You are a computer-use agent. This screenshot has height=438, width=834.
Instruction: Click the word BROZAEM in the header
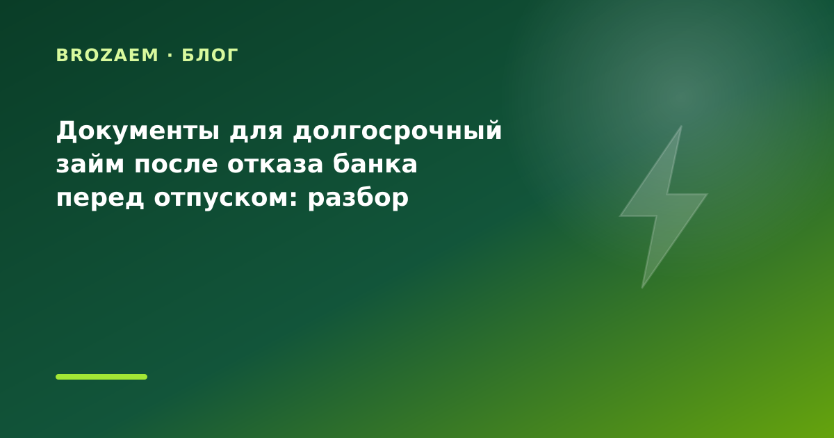[107, 56]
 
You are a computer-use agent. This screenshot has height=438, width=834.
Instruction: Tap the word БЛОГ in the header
[210, 56]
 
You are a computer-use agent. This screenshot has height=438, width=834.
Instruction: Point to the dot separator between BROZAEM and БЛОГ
[170, 56]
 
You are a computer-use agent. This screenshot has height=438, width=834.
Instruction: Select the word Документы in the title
[138, 131]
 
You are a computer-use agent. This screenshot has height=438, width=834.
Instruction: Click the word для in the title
[256, 133]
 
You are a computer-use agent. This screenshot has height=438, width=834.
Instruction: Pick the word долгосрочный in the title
[398, 132]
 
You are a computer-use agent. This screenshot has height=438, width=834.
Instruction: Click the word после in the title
[176, 164]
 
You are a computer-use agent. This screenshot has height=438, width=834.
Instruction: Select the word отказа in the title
[275, 164]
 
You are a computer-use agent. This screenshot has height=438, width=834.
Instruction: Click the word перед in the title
[100, 197]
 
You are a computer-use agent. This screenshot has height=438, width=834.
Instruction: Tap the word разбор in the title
[358, 197]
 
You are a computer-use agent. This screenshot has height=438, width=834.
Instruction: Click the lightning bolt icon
[663, 207]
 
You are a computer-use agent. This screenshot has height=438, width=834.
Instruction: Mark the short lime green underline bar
[101, 377]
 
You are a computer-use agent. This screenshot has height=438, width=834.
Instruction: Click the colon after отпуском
[294, 199]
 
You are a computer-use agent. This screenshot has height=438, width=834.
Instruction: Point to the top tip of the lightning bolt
[681, 127]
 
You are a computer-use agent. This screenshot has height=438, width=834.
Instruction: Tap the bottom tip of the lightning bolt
[642, 288]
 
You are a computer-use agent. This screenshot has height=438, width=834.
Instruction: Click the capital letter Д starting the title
[67, 131]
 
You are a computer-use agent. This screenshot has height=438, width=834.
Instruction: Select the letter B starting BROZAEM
[61, 56]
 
